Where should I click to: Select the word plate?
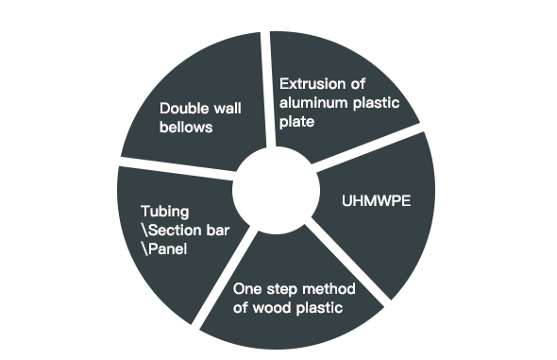(297, 122)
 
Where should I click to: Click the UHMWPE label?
(376, 201)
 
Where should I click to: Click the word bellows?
(186, 128)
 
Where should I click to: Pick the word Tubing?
(165, 212)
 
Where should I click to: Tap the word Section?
(169, 231)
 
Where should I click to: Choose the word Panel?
(168, 249)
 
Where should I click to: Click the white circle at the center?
(276, 191)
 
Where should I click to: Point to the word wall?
(228, 109)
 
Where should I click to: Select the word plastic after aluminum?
(376, 103)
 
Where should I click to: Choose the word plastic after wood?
(319, 308)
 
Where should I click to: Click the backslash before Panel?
(145, 249)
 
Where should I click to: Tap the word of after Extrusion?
(358, 84)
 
